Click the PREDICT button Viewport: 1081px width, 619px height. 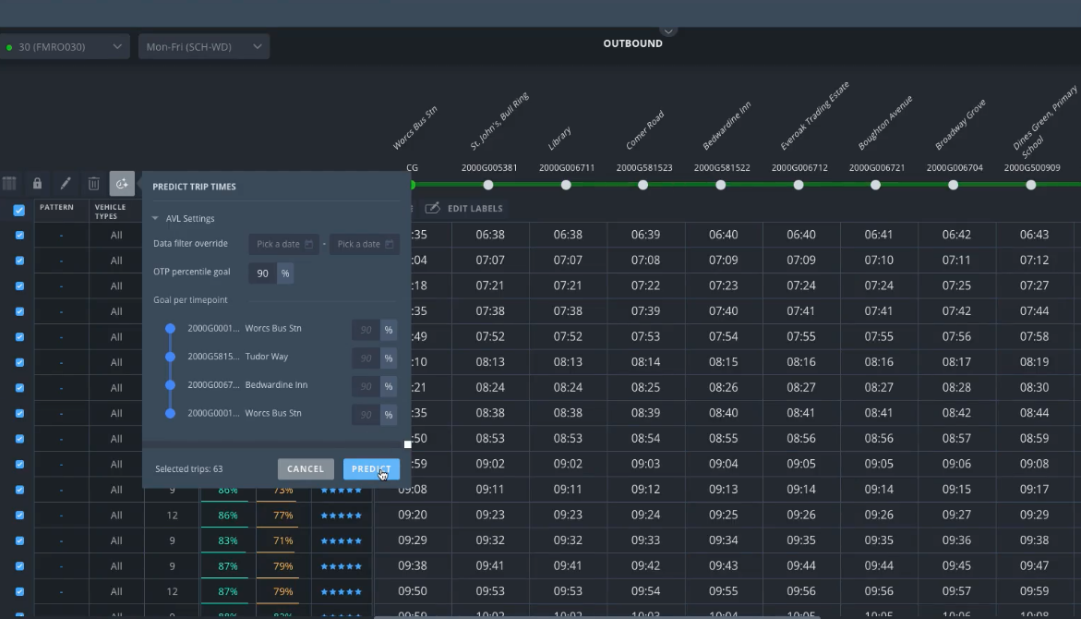click(x=371, y=469)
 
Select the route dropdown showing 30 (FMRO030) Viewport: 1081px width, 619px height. click(x=65, y=46)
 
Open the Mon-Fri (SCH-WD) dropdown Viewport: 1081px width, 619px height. click(x=203, y=46)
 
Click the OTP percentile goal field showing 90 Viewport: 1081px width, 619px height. click(x=263, y=273)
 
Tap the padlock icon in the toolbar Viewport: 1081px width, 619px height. click(x=37, y=184)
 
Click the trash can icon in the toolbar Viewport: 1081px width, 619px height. click(x=93, y=184)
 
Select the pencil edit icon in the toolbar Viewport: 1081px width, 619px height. click(x=65, y=184)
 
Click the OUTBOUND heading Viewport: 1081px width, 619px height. click(x=632, y=43)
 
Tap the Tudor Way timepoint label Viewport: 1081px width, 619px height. click(x=267, y=357)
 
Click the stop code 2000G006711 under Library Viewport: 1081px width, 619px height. click(x=567, y=168)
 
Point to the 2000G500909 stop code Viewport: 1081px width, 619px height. click(x=1032, y=168)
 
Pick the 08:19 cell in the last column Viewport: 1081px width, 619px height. click(x=1035, y=362)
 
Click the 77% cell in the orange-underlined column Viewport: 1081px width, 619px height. click(x=282, y=516)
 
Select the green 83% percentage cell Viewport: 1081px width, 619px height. click(x=227, y=540)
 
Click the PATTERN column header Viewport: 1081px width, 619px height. click(x=56, y=208)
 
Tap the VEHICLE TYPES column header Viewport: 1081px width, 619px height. click(x=110, y=212)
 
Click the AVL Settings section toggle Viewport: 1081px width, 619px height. click(x=184, y=219)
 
